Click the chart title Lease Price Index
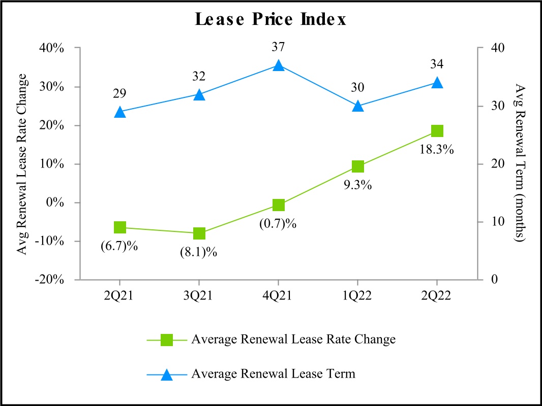tap(270, 20)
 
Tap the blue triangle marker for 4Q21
tap(278, 65)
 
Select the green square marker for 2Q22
tap(437, 131)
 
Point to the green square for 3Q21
tap(199, 233)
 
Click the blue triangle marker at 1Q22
tap(357, 106)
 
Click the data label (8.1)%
tap(199, 252)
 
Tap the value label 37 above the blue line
tap(278, 47)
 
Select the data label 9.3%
tap(357, 185)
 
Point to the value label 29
tap(120, 93)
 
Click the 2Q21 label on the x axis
tap(120, 296)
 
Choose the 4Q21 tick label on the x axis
tap(278, 296)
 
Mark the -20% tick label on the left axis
tap(62, 280)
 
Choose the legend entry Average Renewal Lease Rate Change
tap(293, 340)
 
